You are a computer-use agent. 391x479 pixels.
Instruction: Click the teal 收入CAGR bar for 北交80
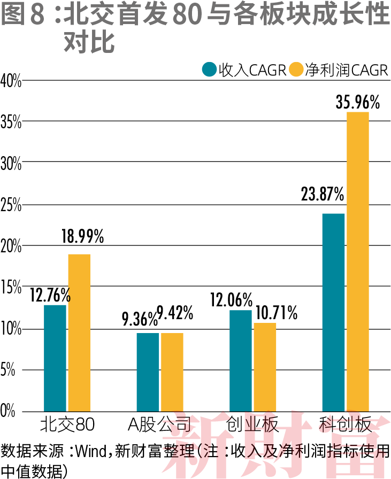pos(55,357)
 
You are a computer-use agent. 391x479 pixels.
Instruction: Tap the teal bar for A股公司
pos(148,371)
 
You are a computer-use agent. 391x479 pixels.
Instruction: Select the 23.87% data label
pos(322,195)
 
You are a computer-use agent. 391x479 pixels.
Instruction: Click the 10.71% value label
pos(276,313)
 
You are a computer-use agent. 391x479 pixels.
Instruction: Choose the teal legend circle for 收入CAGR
pos(209,69)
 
